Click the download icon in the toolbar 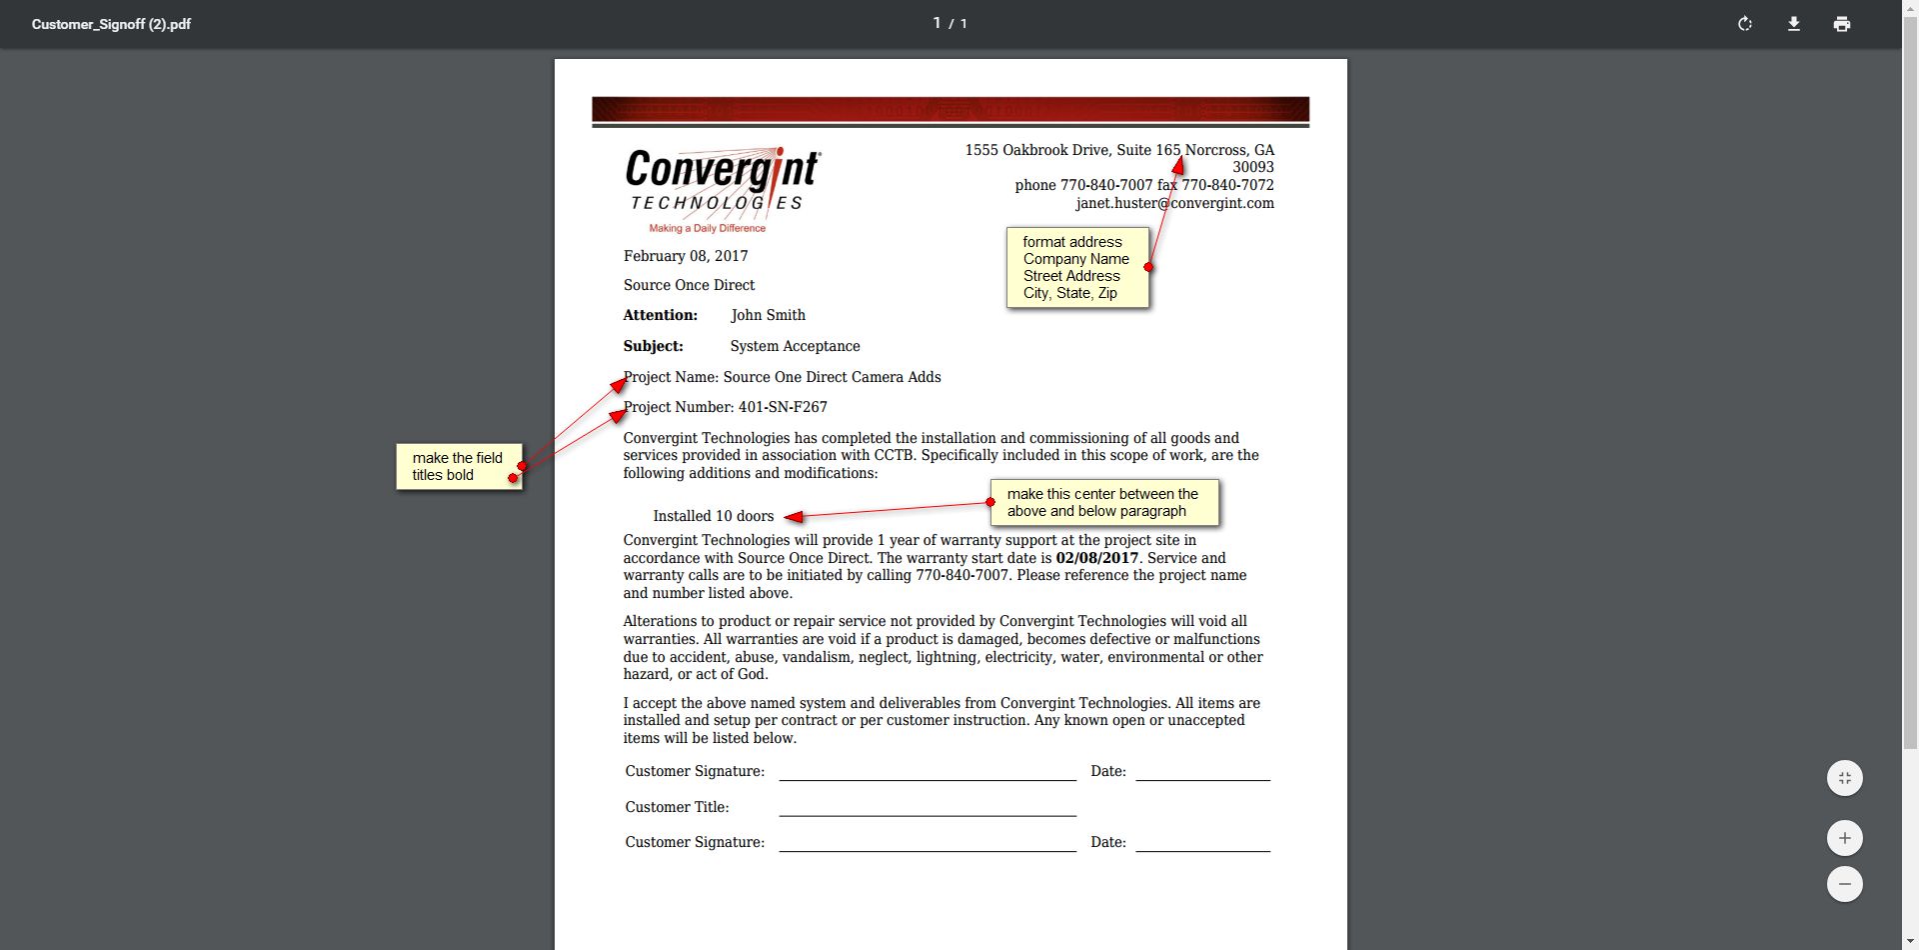(1794, 24)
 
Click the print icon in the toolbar (1842, 24)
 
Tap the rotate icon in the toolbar (1745, 24)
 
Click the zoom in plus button (1844, 838)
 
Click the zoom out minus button (1844, 884)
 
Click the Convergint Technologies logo (723, 190)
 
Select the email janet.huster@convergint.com (1174, 203)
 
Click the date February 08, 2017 (686, 256)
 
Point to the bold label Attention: (660, 315)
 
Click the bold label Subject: (653, 346)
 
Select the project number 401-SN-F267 (783, 407)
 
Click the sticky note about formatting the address (1075, 267)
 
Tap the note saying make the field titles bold (458, 466)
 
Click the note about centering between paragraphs (1103, 502)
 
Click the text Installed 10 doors (713, 516)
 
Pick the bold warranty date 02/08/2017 (1096, 558)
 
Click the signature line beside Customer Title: (927, 808)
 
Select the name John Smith (768, 315)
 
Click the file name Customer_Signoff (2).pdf (111, 24)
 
